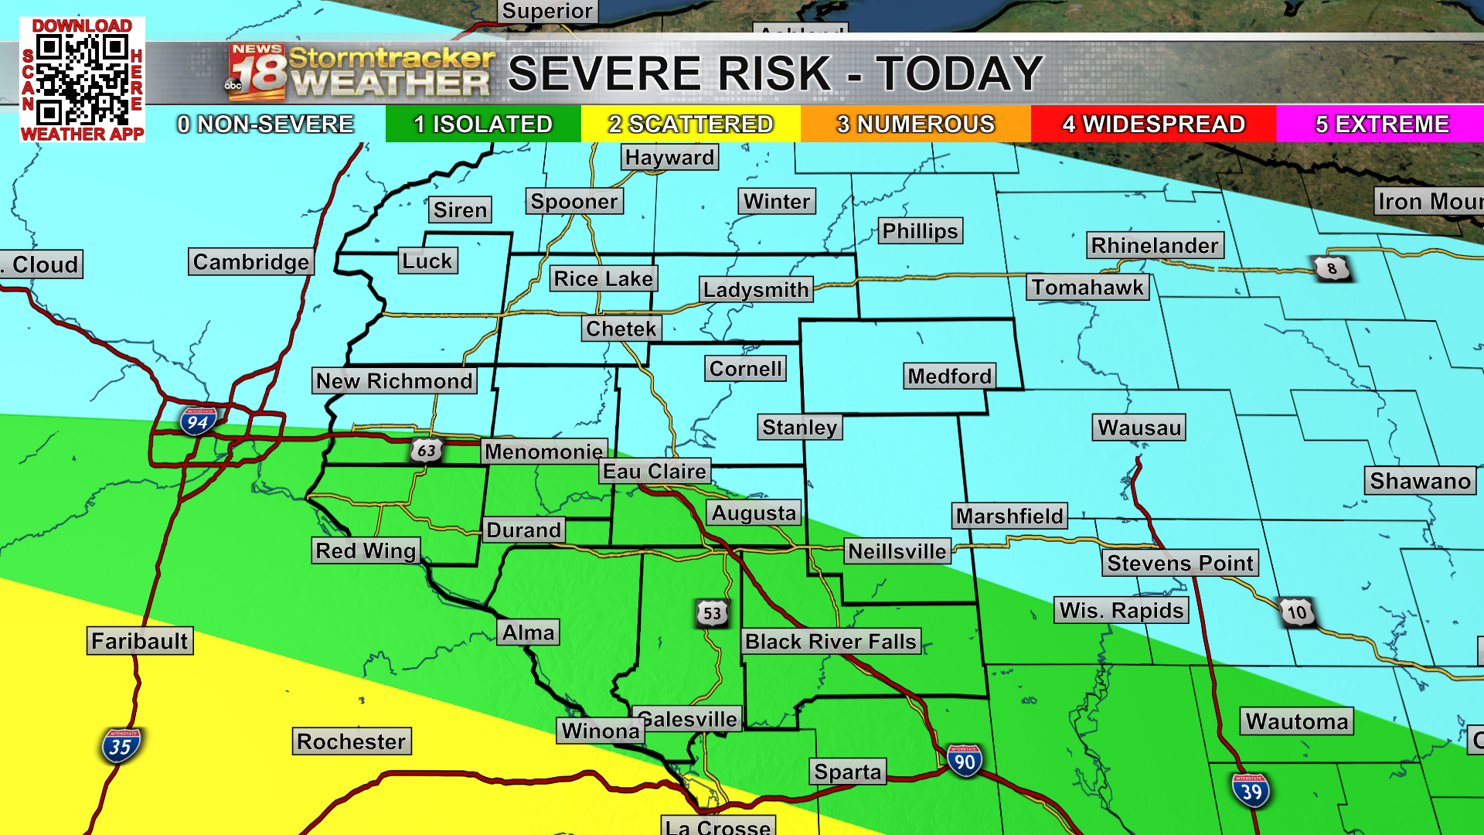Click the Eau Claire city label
655,472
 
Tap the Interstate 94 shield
198,421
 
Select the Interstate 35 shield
121,746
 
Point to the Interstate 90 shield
964,762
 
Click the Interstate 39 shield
1251,791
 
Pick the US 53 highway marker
712,613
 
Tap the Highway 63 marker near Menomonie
426,450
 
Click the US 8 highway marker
1331,268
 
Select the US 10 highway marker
1297,612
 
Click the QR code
82,80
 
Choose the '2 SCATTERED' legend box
690,124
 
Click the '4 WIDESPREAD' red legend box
1153,124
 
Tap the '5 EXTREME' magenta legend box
1380,124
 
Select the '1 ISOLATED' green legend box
483,124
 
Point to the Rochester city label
351,741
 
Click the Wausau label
1139,428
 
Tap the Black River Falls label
831,641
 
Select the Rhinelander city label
1154,246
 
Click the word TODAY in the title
959,73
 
